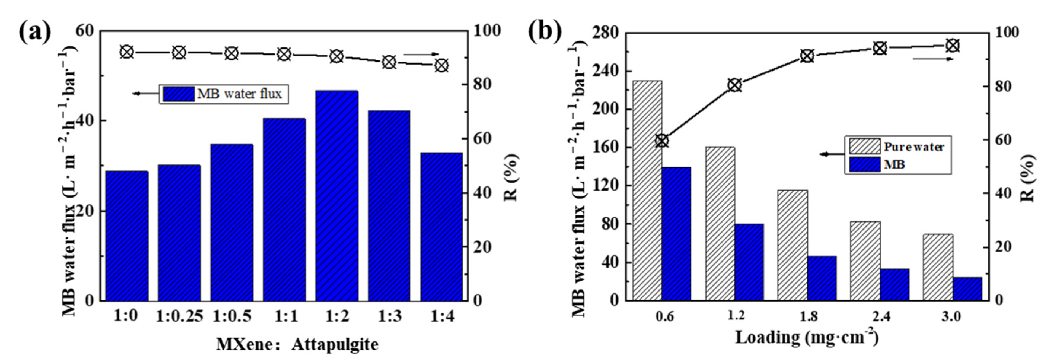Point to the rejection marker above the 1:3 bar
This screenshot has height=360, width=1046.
point(389,62)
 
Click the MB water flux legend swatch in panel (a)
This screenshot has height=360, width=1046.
point(179,94)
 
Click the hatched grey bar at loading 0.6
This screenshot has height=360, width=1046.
point(647,191)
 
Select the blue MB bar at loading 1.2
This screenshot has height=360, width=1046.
point(749,262)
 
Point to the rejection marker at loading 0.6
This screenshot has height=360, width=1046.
point(662,141)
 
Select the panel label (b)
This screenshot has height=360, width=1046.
point(545,33)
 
